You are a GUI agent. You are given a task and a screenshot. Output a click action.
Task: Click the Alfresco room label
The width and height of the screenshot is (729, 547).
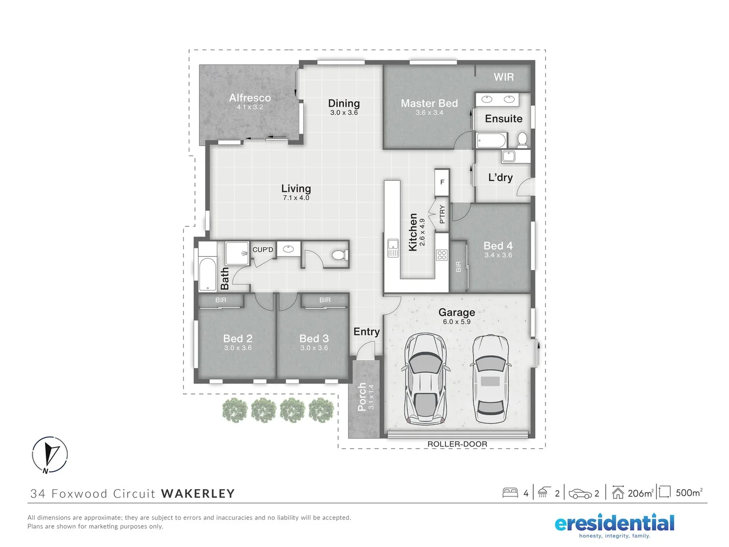click(x=250, y=98)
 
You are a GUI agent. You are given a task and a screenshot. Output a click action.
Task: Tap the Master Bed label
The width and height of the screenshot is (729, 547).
click(x=429, y=103)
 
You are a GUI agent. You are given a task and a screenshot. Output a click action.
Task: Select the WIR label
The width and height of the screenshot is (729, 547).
click(x=503, y=77)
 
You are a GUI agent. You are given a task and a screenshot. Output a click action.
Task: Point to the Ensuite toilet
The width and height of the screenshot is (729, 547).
click(x=522, y=139)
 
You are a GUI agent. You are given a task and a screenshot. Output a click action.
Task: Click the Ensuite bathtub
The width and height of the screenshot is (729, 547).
click(x=491, y=140)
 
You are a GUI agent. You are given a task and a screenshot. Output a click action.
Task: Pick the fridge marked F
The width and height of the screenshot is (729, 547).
click(x=442, y=182)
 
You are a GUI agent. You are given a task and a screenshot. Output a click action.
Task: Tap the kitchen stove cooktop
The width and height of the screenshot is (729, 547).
click(x=442, y=255)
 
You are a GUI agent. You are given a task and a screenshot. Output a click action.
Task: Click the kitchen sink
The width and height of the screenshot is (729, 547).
click(x=393, y=248)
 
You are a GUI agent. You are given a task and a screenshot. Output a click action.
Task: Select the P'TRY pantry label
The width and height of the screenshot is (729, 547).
click(x=442, y=214)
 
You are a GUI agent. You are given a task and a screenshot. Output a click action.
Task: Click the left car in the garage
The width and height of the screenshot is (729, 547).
click(x=425, y=379)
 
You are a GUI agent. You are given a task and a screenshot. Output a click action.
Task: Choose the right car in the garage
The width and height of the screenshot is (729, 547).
click(x=490, y=379)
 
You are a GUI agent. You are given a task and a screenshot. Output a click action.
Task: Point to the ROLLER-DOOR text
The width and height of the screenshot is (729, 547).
click(x=457, y=444)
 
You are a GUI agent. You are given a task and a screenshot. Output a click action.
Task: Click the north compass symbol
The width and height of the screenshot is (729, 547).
click(x=50, y=454)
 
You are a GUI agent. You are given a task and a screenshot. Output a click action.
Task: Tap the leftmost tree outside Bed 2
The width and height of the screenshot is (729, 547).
click(x=235, y=410)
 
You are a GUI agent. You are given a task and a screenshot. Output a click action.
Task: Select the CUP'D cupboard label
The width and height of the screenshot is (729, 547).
click(x=263, y=250)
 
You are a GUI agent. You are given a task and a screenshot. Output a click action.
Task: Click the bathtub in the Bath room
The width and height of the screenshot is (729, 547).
click(x=208, y=275)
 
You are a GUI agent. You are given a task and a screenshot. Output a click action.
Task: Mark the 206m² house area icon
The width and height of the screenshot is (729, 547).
click(x=618, y=492)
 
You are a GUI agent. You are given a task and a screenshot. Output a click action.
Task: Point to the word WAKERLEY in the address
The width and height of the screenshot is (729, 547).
click(x=198, y=494)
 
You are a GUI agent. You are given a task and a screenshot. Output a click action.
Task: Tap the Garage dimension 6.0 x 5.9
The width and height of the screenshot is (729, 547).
click(x=457, y=322)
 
